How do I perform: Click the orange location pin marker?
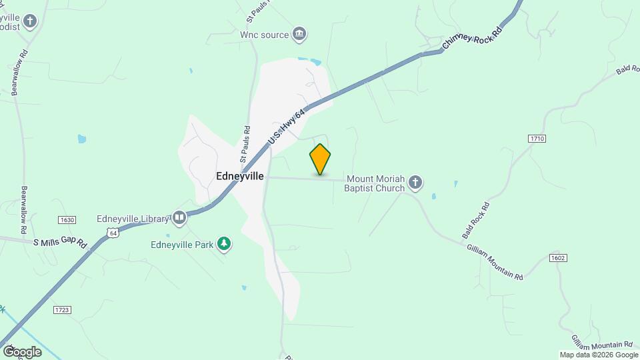(x=320, y=159)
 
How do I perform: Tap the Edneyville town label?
(x=240, y=177)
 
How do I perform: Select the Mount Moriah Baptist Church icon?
(x=415, y=182)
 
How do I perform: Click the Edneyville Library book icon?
(x=179, y=217)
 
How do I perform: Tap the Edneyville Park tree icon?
(x=225, y=244)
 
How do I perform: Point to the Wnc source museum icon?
(x=299, y=34)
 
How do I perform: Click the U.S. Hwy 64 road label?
(x=287, y=126)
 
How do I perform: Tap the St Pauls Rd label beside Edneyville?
(x=245, y=145)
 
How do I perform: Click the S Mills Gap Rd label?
(x=61, y=243)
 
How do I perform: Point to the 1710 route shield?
(x=537, y=138)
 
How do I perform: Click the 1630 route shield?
(x=67, y=220)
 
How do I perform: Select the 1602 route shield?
(x=559, y=257)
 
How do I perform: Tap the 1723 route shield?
(x=61, y=310)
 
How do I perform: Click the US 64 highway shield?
(x=113, y=233)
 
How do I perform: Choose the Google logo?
(x=22, y=351)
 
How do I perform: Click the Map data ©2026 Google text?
(x=598, y=355)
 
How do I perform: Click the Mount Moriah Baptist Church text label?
(x=374, y=183)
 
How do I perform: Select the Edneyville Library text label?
(x=133, y=218)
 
